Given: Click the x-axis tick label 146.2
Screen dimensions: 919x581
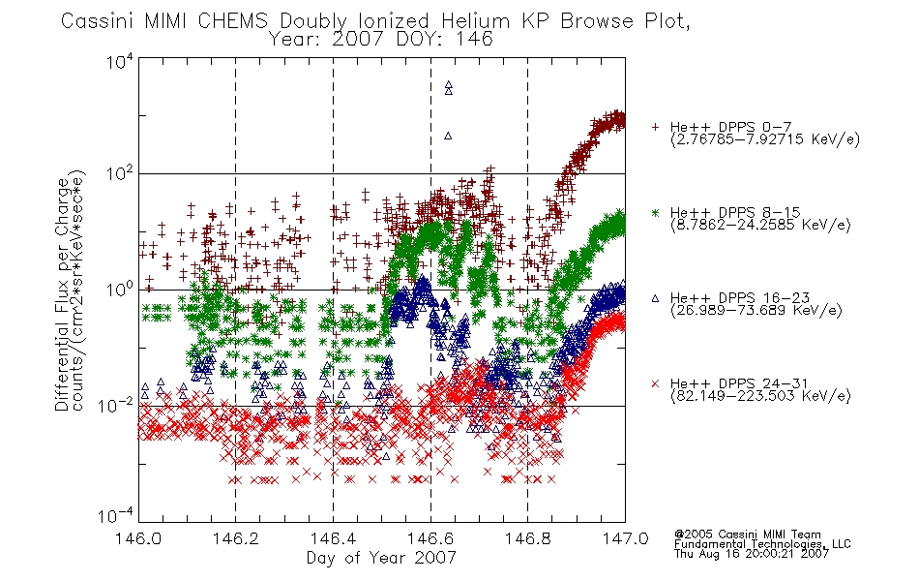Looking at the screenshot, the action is [236, 538].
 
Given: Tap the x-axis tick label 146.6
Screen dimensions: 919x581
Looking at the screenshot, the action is [430, 538].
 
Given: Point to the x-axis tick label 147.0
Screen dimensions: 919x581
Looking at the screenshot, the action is [625, 538].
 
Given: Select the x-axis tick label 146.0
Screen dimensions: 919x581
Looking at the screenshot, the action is [138, 538].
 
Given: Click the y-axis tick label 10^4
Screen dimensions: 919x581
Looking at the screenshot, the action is [120, 61].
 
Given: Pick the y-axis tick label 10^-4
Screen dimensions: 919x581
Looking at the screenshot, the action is [116, 515].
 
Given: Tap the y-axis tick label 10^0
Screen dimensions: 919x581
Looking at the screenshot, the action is [120, 289].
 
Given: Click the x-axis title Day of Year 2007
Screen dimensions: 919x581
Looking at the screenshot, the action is [381, 557].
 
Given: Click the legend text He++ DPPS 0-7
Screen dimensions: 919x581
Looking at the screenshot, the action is [730, 127].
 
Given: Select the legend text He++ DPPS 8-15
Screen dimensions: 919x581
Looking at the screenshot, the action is [735, 212].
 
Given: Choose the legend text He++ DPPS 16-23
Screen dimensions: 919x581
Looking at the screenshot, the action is [740, 297].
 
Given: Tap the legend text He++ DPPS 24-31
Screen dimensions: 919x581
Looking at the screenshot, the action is [740, 383].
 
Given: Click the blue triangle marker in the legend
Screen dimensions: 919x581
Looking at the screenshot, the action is [655, 298].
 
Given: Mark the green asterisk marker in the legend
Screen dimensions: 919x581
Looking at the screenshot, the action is [655, 213].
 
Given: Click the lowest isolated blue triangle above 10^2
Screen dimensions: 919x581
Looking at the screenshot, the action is [448, 136].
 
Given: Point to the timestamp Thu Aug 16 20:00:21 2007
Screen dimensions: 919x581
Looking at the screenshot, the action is [752, 554].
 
